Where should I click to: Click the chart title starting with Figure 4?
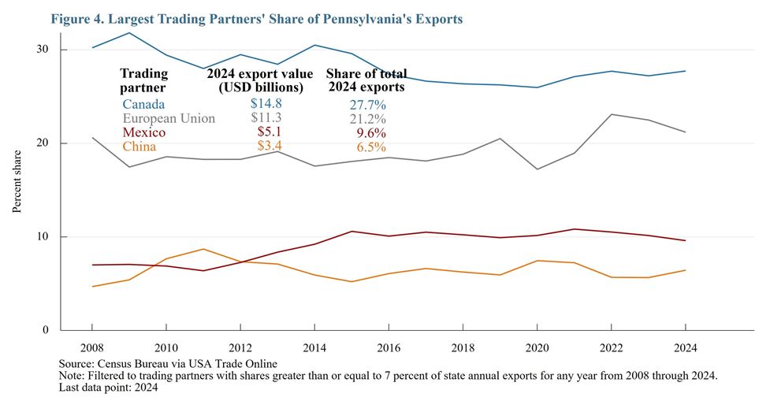point(256,18)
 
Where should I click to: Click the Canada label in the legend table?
point(143,103)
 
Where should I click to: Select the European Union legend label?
point(169,118)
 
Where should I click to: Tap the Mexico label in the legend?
point(143,132)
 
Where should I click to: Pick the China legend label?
point(139,147)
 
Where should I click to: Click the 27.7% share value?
point(366,104)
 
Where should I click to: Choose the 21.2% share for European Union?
point(366,119)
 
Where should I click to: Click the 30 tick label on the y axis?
point(42,50)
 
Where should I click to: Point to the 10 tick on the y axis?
point(42,237)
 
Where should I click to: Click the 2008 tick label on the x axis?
point(91,347)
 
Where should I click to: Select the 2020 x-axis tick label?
point(537,347)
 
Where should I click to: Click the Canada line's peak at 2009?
point(128,32)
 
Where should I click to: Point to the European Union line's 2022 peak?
point(612,114)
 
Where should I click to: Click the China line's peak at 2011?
point(203,249)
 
